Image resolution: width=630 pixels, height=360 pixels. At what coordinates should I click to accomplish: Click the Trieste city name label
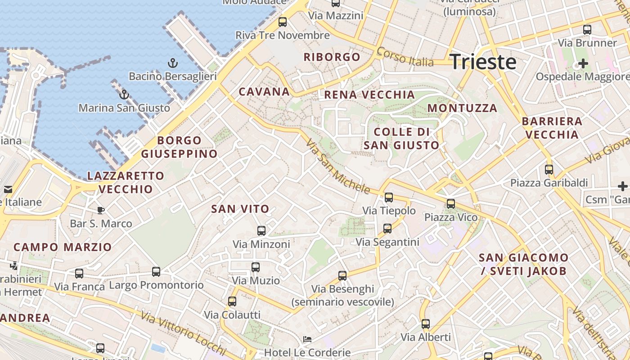pyautogui.click(x=483, y=61)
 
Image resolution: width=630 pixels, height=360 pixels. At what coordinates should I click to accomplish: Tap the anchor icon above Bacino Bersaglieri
pyautogui.click(x=173, y=63)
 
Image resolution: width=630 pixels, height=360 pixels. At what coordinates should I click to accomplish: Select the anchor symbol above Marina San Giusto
pyautogui.click(x=124, y=94)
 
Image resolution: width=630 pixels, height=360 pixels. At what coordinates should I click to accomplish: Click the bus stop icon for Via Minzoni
pyautogui.click(x=261, y=231)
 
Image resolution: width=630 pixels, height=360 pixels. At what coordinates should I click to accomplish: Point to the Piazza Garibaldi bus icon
pyautogui.click(x=549, y=170)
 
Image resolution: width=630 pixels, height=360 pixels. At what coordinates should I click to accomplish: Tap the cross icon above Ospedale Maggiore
pyautogui.click(x=583, y=63)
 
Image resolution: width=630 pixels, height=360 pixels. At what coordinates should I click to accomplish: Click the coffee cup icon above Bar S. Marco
pyautogui.click(x=101, y=210)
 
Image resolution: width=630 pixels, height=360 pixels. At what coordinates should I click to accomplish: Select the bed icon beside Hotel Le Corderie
pyautogui.click(x=307, y=339)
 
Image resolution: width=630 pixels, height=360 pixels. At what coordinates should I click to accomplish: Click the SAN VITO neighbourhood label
pyautogui.click(x=240, y=209)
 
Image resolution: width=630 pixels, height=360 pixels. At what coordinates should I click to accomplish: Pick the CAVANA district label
pyautogui.click(x=264, y=92)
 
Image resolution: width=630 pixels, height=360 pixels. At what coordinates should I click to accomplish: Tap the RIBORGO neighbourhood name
pyautogui.click(x=332, y=57)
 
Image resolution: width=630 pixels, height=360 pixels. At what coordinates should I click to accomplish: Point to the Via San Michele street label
pyautogui.click(x=337, y=166)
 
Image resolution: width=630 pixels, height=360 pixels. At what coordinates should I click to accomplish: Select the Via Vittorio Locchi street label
pyautogui.click(x=183, y=333)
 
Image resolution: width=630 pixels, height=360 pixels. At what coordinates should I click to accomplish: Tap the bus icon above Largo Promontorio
pyautogui.click(x=156, y=272)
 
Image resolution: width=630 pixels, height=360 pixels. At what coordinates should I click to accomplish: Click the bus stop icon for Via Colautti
pyautogui.click(x=232, y=301)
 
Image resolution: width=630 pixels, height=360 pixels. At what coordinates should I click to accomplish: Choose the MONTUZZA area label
pyautogui.click(x=462, y=108)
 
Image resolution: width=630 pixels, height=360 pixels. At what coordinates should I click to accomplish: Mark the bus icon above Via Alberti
pyautogui.click(x=426, y=324)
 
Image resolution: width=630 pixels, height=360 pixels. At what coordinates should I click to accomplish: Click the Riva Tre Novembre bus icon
pyautogui.click(x=283, y=22)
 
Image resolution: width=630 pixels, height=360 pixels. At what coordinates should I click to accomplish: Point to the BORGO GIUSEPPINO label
pyautogui.click(x=179, y=147)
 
